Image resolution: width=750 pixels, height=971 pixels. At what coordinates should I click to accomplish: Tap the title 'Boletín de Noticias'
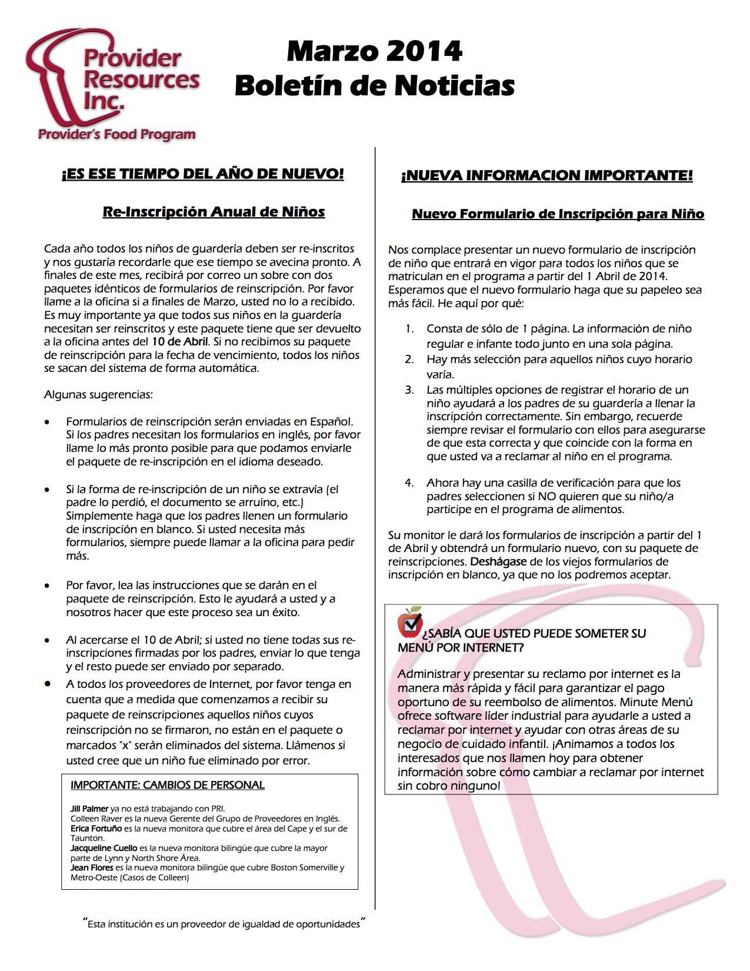pos(374,86)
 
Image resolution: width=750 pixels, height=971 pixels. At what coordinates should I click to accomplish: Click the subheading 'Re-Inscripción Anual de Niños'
pos(214,211)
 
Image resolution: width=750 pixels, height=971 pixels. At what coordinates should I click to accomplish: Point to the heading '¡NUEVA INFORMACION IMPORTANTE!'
pos(546,175)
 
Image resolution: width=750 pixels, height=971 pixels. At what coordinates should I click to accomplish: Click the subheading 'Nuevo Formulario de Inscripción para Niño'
pos(558,214)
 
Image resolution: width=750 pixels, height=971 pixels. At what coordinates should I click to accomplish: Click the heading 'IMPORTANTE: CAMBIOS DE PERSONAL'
pos(168,785)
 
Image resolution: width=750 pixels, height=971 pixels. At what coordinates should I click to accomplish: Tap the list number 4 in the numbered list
pos(409,483)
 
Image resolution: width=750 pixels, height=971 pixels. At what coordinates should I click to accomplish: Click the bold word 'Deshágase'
pos(494,561)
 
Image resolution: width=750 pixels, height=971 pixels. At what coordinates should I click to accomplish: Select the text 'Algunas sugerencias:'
pos(98,394)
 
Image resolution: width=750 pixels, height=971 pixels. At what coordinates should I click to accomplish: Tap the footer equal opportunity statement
pos(224,924)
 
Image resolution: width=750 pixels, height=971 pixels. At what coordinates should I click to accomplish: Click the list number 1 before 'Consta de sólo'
pos(409,329)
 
